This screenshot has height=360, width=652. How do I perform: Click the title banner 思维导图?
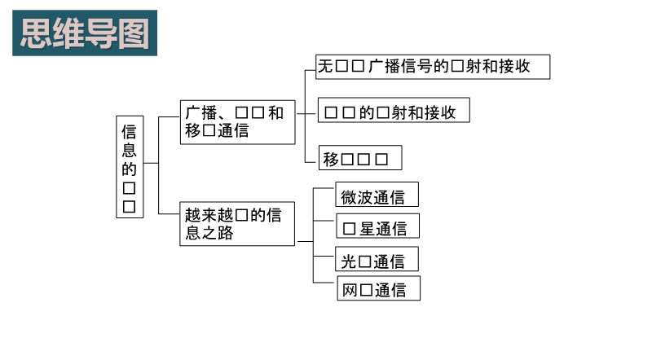(85, 33)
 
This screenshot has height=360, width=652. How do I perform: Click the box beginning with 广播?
(237, 122)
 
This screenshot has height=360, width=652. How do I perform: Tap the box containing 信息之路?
(237, 224)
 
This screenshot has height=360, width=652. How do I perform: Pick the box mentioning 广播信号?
(433, 67)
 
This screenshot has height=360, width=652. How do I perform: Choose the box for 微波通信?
(377, 195)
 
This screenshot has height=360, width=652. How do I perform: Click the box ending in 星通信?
(377, 227)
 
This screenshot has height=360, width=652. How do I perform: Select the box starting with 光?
(377, 260)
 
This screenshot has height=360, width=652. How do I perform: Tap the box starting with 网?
(379, 290)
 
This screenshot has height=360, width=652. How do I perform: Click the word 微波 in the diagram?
(358, 196)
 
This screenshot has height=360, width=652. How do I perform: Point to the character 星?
(366, 228)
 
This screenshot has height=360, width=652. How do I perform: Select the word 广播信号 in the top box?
(399, 67)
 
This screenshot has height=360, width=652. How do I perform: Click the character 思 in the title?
(36, 33)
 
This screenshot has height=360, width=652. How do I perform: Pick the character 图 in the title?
(133, 33)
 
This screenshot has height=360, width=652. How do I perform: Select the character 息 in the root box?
(130, 151)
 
